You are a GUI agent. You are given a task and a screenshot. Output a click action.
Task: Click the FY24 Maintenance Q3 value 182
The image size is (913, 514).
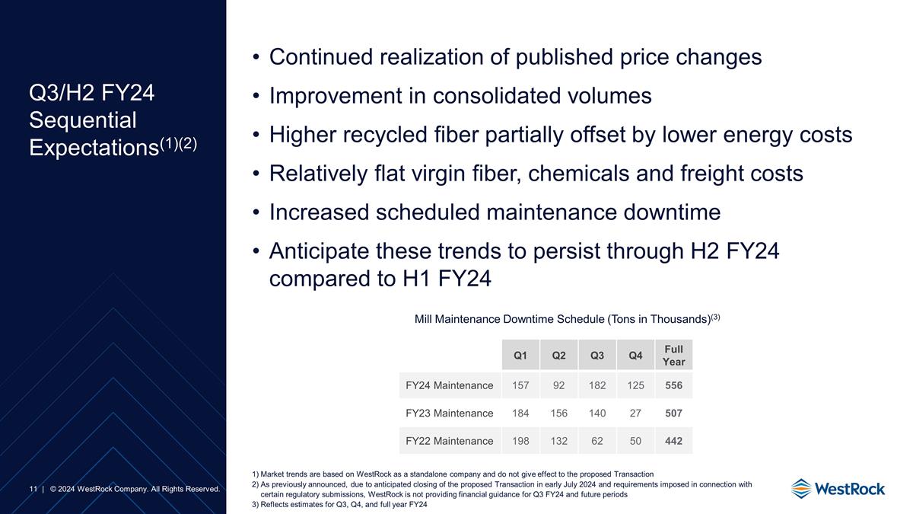click(597, 385)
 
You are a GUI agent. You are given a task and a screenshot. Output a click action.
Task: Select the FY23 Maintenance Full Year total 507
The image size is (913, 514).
click(673, 413)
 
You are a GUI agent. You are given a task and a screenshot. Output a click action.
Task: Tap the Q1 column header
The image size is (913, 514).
click(520, 356)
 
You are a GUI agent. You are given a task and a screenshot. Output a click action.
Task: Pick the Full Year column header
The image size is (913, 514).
click(673, 356)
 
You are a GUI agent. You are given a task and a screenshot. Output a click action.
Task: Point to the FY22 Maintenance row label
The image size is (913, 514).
click(449, 440)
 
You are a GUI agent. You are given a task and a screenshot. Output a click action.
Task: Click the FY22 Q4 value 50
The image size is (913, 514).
click(635, 440)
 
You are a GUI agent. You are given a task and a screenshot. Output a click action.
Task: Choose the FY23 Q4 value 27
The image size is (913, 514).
click(635, 413)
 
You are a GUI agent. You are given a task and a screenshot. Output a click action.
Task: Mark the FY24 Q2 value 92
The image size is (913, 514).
click(558, 385)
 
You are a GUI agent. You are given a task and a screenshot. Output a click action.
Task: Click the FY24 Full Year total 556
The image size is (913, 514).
click(673, 385)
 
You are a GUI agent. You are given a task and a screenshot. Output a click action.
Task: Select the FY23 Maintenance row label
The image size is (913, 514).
click(449, 413)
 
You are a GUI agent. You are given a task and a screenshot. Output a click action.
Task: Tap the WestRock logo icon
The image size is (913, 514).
click(801, 488)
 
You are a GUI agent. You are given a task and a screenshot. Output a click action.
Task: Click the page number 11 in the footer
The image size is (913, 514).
click(33, 488)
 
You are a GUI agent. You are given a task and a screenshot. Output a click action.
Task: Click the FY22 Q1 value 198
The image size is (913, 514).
click(520, 440)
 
